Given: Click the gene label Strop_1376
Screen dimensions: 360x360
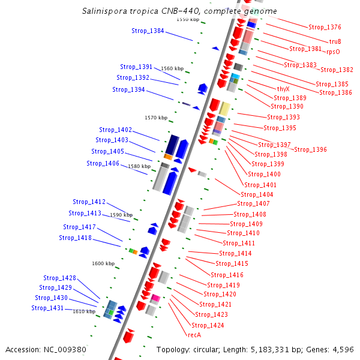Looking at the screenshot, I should [x=325, y=27].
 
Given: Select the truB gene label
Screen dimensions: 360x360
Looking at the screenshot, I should [x=335, y=41].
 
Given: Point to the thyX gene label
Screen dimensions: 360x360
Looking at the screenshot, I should [x=283, y=88].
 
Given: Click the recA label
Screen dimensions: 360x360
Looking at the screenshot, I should [x=194, y=335].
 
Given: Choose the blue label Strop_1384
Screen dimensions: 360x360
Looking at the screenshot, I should [x=148, y=31].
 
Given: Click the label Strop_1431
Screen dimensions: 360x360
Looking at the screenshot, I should [x=47, y=308].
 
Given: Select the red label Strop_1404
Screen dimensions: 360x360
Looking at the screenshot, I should [x=257, y=194].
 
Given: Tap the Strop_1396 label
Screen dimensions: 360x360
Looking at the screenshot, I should [x=310, y=149].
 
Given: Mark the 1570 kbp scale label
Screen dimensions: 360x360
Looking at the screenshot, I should [x=155, y=118].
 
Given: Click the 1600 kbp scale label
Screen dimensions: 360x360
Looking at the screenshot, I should [x=103, y=263].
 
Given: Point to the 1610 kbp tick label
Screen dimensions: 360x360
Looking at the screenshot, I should [x=84, y=311].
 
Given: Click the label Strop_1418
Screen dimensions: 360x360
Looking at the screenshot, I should [x=75, y=238].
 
